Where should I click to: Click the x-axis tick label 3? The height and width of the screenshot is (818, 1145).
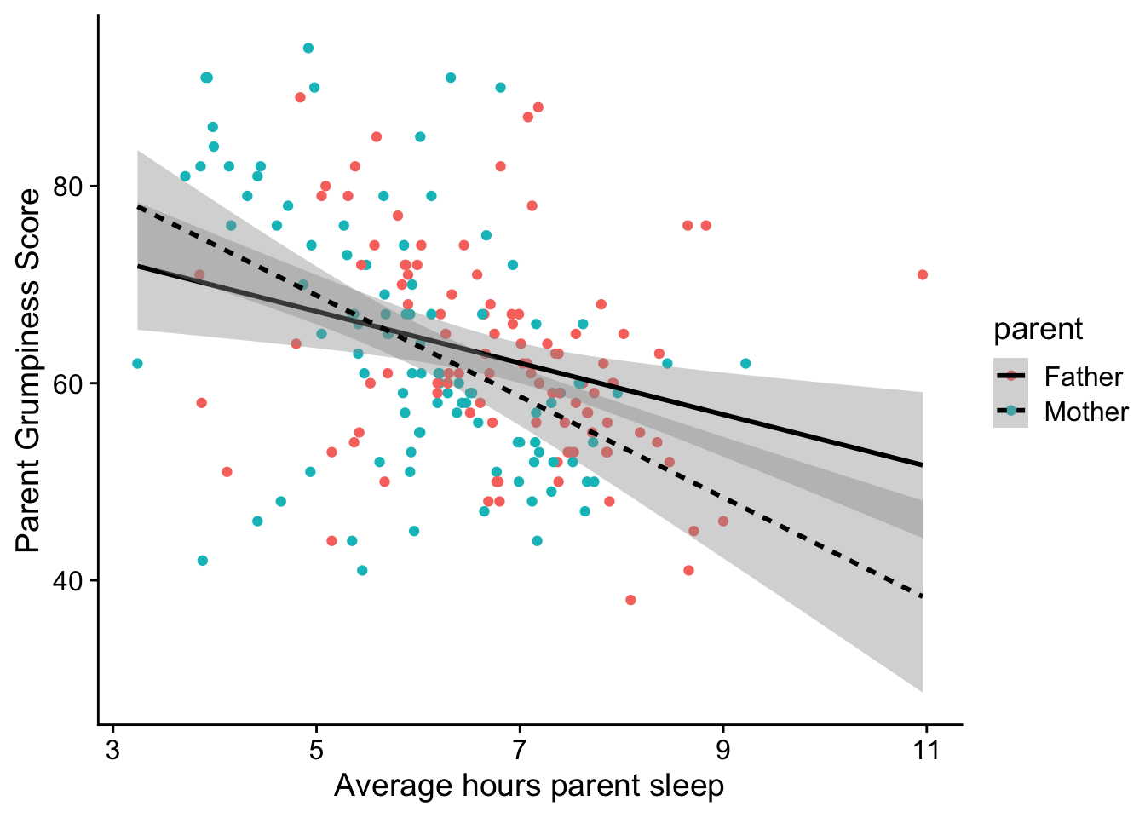(112, 751)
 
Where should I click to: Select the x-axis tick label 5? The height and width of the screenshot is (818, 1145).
(316, 751)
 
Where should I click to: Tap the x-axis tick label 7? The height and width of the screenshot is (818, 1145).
(520, 751)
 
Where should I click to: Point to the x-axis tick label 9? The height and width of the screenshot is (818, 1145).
(723, 751)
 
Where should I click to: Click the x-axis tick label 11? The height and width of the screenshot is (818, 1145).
(926, 751)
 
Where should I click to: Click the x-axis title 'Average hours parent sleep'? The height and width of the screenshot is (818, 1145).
(529, 786)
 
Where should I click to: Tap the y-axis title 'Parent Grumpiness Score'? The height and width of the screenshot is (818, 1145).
(29, 370)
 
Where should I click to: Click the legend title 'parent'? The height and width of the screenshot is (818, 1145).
(1038, 329)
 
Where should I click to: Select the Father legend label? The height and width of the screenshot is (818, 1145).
(1083, 377)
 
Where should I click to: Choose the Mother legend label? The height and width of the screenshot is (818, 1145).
(1086, 412)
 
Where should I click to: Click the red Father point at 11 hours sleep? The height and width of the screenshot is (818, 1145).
(923, 274)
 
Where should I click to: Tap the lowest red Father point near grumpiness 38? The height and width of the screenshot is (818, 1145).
(630, 600)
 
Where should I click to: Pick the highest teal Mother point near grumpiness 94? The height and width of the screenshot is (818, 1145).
(308, 48)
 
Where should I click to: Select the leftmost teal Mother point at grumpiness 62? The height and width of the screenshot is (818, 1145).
(137, 364)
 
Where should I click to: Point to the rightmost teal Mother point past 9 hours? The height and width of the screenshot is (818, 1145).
(745, 364)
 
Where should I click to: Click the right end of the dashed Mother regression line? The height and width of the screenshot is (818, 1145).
(923, 596)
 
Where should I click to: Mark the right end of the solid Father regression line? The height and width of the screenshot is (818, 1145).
(923, 464)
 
